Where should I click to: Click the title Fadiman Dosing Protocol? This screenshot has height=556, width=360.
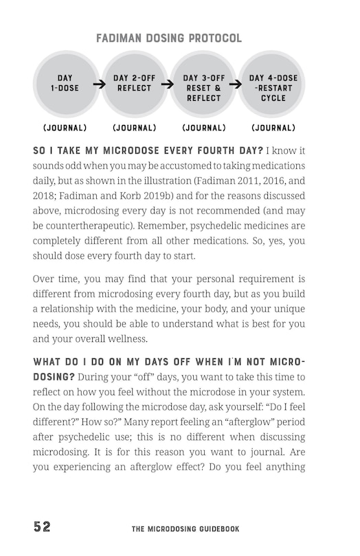168,38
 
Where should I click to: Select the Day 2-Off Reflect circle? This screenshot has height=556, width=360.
134,84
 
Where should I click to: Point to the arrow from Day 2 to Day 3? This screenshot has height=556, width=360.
167,86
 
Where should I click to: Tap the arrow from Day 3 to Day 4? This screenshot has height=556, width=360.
235,86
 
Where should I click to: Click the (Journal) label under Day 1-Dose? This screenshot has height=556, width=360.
65,128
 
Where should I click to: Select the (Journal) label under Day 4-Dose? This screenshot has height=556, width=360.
273,128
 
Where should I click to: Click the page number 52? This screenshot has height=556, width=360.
42,527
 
